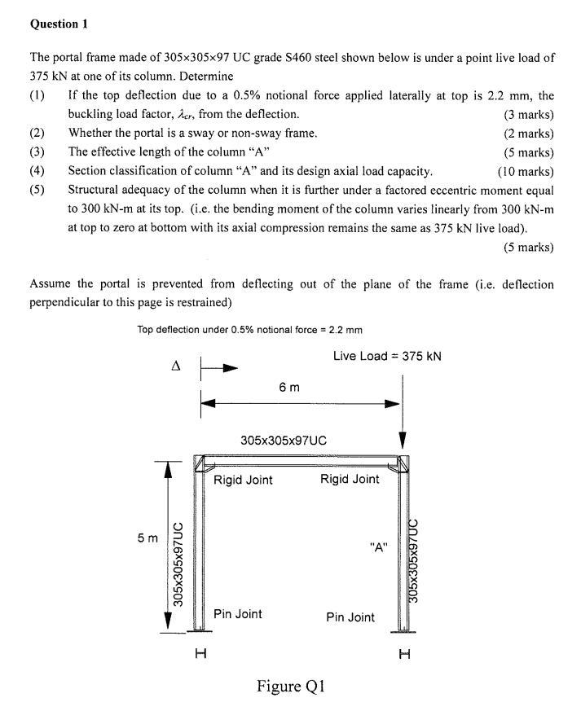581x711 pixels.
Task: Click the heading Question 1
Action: click(59, 24)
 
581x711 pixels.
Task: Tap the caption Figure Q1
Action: click(291, 687)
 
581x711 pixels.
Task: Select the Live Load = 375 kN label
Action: click(387, 356)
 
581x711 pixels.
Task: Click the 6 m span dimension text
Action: click(288, 387)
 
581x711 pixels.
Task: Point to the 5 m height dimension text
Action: click(147, 539)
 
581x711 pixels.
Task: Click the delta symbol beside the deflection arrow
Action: click(174, 366)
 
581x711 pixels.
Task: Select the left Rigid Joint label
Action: click(243, 480)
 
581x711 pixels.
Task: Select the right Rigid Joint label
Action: click(350, 479)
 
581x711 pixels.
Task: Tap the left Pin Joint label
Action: click(238, 613)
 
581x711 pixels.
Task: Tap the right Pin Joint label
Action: click(350, 617)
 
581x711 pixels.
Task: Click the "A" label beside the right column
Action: click(377, 547)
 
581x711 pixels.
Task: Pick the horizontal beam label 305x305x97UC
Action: click(284, 440)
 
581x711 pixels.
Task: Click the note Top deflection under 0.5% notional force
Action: click(250, 330)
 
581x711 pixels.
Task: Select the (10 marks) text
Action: click(526, 171)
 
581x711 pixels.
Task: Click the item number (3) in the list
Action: click(37, 151)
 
